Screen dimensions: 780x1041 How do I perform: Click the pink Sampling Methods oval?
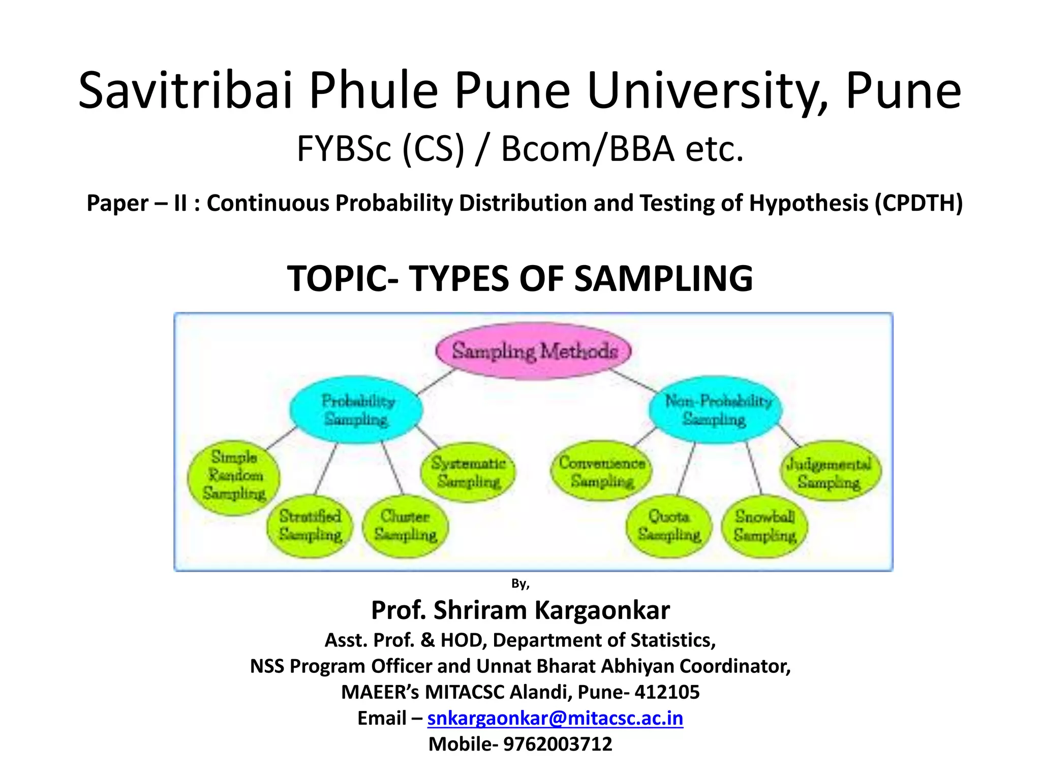point(534,351)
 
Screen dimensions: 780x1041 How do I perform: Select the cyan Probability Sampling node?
point(356,410)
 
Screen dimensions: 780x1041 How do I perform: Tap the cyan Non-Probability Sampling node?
point(715,410)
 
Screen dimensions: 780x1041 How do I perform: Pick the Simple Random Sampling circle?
point(234,476)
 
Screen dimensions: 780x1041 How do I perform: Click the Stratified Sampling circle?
point(310,526)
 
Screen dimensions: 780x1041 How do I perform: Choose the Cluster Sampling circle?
point(406,526)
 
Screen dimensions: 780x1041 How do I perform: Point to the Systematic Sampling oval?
point(468,472)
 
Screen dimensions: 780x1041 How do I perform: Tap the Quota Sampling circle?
point(669,526)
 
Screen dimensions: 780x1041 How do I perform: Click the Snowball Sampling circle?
point(764,526)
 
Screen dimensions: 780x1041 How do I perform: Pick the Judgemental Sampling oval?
point(830,472)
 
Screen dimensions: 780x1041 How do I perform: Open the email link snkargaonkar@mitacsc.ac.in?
point(555,718)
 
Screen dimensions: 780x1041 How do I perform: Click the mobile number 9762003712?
point(558,744)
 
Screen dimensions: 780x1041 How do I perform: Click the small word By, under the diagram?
point(520,583)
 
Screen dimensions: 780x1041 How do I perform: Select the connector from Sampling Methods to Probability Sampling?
point(436,382)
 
